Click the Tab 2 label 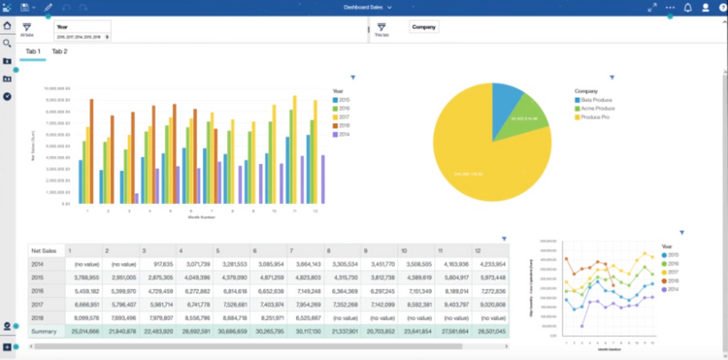click(x=59, y=50)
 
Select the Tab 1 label click(x=32, y=50)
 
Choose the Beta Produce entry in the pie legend click(x=598, y=99)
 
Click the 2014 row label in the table click(x=39, y=263)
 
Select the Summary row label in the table click(x=45, y=331)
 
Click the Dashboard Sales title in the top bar click(x=362, y=7)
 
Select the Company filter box click(x=424, y=27)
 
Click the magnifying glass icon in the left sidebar click(x=7, y=44)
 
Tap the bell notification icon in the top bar click(x=687, y=7)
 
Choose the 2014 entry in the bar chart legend click(x=341, y=134)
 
